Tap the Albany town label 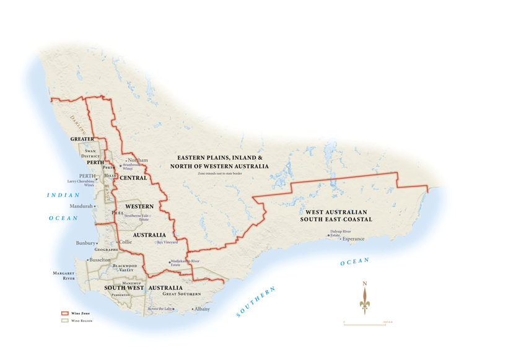(202, 309)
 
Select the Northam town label (138, 160)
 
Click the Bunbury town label (85, 243)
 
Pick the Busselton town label (100, 260)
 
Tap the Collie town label (125, 242)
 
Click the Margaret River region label (64, 276)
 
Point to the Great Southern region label (182, 294)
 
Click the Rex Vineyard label (167, 242)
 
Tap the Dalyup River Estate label (340, 233)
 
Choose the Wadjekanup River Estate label (185, 263)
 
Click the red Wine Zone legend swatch (64, 314)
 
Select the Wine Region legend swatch (64, 321)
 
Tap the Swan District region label (90, 153)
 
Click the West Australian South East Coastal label (336, 216)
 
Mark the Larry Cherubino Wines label (81, 183)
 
